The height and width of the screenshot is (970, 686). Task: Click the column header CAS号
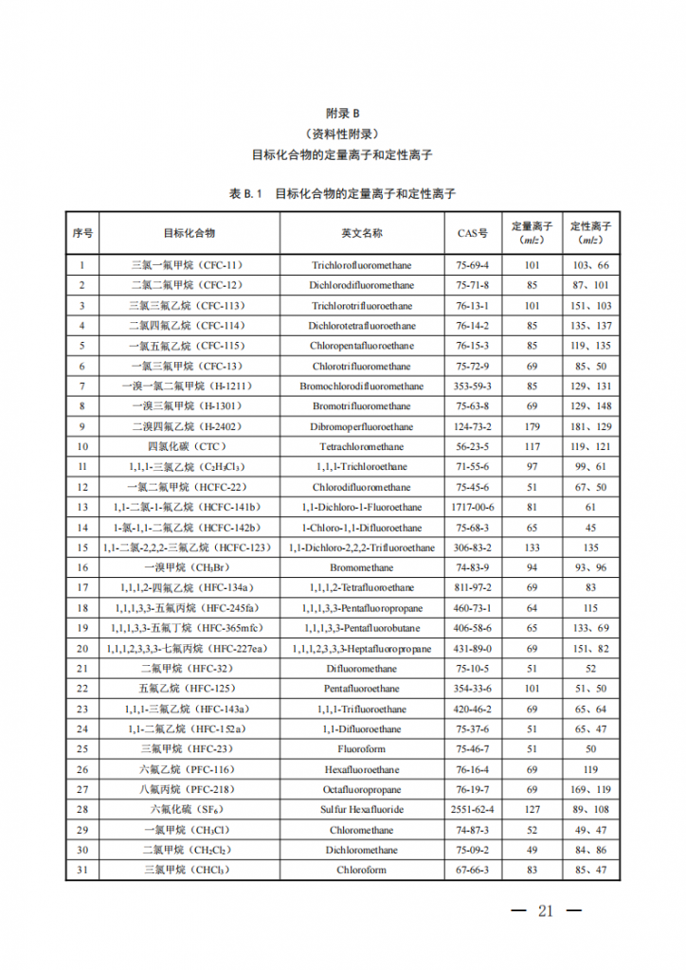[472, 232]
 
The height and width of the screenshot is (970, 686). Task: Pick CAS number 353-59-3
[472, 386]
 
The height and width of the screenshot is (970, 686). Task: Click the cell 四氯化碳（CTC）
[173, 446]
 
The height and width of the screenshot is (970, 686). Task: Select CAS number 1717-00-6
[472, 507]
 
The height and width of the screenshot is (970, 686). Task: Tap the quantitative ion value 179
[532, 426]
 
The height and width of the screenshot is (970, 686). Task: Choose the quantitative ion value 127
[532, 809]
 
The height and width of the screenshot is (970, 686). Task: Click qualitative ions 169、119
[590, 789]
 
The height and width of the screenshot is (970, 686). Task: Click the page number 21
[545, 911]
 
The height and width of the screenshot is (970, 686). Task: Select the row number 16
[82, 567]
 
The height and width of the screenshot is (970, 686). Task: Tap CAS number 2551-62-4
[472, 809]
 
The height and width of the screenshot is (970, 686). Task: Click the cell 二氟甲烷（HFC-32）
[173, 668]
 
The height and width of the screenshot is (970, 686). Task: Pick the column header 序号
[82, 232]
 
